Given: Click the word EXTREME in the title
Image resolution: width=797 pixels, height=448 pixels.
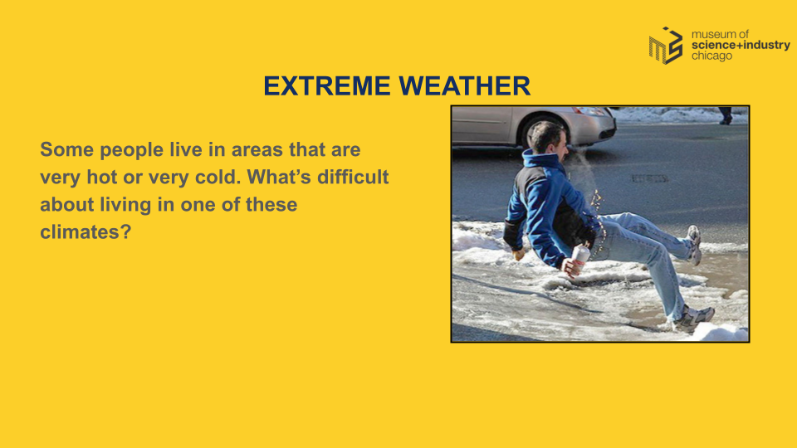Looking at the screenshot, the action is (326, 85).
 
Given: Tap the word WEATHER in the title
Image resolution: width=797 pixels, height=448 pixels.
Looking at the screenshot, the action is (465, 85).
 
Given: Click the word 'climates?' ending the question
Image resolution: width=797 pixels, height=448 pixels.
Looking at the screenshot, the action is (86, 232).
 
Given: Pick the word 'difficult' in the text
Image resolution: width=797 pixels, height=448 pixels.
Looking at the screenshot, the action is (353, 178).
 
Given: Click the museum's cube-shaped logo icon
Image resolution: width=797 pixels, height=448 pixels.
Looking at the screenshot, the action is (666, 46).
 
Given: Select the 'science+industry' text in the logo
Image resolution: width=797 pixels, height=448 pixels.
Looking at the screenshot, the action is (741, 45).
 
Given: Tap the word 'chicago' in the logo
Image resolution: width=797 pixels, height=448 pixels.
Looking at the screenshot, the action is (711, 56).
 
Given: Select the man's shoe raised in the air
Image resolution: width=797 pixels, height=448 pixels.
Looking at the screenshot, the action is (693, 245).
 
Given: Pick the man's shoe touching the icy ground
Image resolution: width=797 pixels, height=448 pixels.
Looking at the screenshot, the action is (692, 318).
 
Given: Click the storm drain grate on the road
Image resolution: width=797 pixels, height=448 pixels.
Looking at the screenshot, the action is (649, 178).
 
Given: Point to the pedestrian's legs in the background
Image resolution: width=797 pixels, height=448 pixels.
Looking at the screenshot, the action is (726, 116).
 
